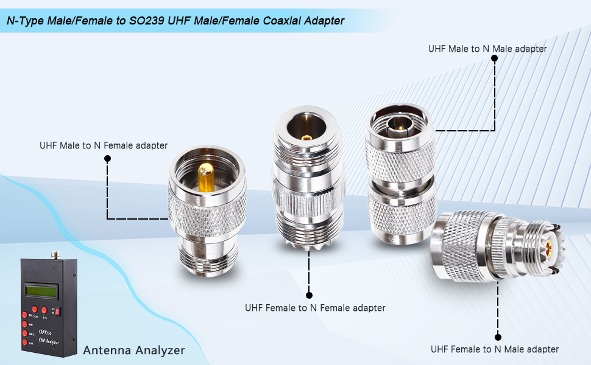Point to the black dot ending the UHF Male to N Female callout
[x=108, y=159]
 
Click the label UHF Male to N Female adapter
[x=104, y=145]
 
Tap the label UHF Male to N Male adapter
[x=487, y=48]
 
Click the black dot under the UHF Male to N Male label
[x=494, y=58]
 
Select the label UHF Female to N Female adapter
[x=315, y=308]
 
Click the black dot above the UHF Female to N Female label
[x=309, y=294]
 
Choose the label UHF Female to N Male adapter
[x=494, y=349]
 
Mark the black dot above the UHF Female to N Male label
[x=498, y=336]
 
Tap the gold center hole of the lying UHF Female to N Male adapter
[x=554, y=248]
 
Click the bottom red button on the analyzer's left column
[x=25, y=342]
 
